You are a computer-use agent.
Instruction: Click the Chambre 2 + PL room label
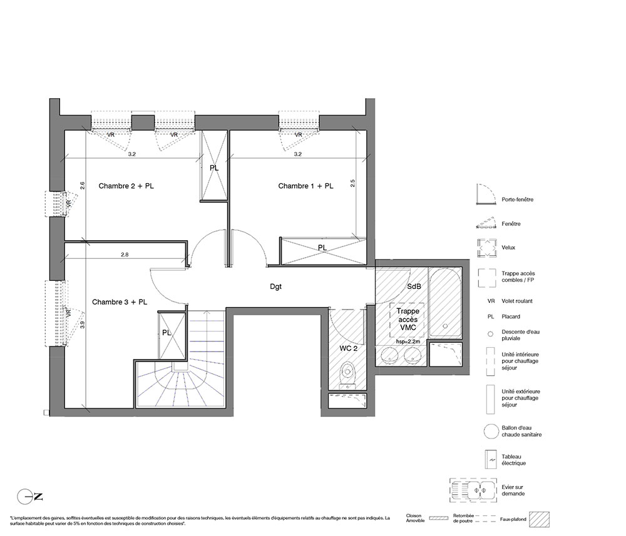126,186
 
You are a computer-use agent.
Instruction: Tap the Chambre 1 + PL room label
306,186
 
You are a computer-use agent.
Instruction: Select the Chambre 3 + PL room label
120,302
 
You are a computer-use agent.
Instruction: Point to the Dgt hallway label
276,286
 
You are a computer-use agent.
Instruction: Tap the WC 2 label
349,348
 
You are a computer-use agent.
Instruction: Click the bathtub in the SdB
445,303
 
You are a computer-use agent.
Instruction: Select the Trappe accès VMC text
408,319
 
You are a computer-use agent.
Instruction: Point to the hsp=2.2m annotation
408,341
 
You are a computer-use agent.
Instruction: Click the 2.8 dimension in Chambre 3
125,255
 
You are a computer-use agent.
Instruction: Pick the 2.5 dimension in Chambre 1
352,183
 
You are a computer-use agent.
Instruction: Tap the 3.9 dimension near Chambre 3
83,325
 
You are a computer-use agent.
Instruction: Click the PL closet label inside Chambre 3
167,333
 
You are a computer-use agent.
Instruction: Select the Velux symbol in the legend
486,248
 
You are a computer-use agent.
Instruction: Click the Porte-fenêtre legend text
518,200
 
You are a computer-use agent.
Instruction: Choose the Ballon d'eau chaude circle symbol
491,431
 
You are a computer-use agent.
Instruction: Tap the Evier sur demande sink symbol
473,490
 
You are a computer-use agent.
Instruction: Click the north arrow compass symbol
30,497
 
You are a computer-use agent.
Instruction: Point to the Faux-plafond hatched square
540,520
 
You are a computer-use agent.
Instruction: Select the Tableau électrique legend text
514,460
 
